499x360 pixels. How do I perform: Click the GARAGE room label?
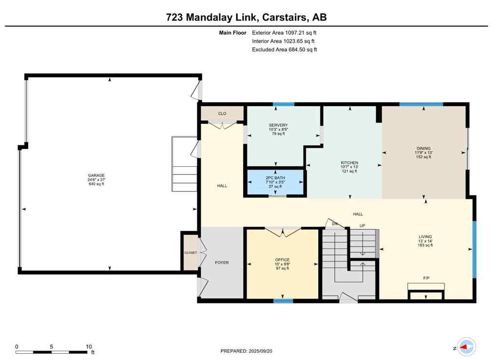[96, 175]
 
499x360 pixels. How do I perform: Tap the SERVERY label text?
[278, 125]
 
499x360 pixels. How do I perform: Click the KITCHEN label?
[349, 163]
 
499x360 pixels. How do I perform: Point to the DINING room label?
[423, 149]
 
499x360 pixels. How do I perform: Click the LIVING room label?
[425, 237]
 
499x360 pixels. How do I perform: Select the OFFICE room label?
[282, 260]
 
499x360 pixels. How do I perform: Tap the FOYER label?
[222, 263]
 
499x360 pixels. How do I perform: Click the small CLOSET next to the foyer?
[190, 253]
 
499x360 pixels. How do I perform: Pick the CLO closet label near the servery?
[222, 114]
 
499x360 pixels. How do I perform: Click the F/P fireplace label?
[426, 278]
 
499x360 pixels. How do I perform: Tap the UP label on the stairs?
[362, 226]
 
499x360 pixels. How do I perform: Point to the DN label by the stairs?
[335, 224]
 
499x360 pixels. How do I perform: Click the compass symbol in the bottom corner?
[466, 347]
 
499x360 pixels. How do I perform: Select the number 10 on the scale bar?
[89, 347]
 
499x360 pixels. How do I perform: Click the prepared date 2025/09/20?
[267, 351]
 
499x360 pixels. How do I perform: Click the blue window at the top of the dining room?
[421, 104]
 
